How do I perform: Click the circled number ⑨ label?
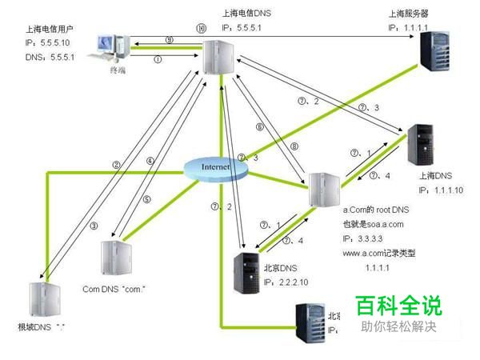click(x=169, y=39)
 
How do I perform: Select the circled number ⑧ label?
click(x=294, y=146)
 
